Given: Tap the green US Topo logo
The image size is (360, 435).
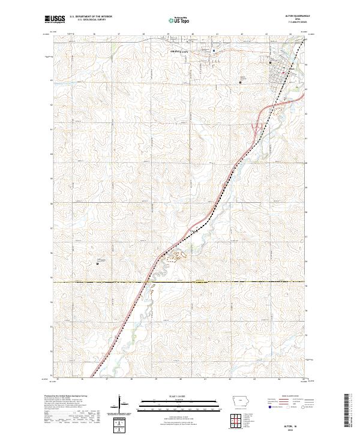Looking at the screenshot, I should click(x=178, y=20).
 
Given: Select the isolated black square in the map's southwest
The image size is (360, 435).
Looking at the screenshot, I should click(x=98, y=263).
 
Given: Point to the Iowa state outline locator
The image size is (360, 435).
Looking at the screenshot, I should click(x=239, y=402).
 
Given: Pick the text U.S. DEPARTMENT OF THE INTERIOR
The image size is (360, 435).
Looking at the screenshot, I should click(x=91, y=18).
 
